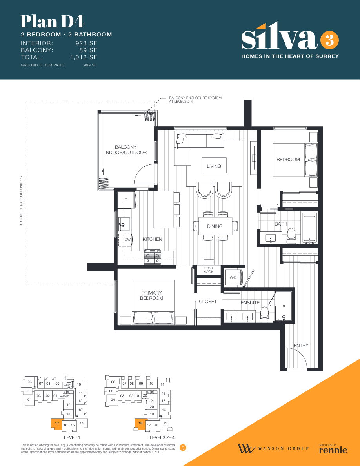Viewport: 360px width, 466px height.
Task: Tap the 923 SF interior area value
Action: point(86,43)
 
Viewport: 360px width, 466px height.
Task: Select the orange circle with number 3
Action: point(329,40)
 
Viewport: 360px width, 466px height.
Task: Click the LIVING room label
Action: point(214,166)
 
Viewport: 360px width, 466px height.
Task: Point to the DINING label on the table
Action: point(215,226)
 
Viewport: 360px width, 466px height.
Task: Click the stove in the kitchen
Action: point(153,257)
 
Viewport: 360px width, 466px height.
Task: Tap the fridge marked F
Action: point(126,200)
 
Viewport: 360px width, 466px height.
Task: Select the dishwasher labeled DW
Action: point(128,239)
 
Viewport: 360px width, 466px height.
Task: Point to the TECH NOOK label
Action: point(208,270)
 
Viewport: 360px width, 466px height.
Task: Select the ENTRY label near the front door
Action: point(301,346)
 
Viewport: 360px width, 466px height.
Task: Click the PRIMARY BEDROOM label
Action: point(151,295)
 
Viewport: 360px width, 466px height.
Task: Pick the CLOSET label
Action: point(207,302)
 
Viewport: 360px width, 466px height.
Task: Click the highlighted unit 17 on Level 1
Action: point(57,424)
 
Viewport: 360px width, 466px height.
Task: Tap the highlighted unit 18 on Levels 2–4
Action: point(140,424)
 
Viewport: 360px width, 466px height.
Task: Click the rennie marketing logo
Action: point(333,449)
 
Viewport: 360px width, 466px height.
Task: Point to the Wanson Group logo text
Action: point(283,448)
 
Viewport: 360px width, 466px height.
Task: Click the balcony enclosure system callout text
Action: point(195,100)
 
